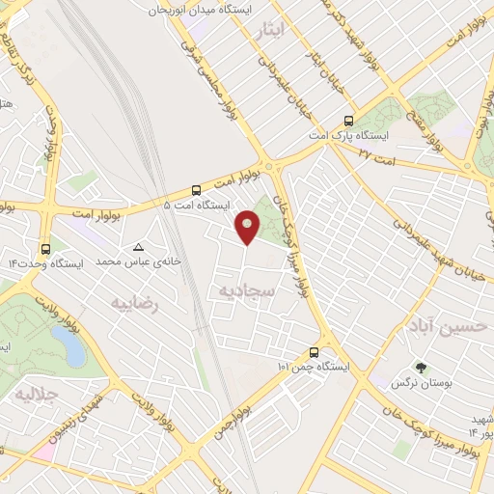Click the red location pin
248,227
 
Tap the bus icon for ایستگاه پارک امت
348,122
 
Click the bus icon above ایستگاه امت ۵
197,190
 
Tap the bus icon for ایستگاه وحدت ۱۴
45,247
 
